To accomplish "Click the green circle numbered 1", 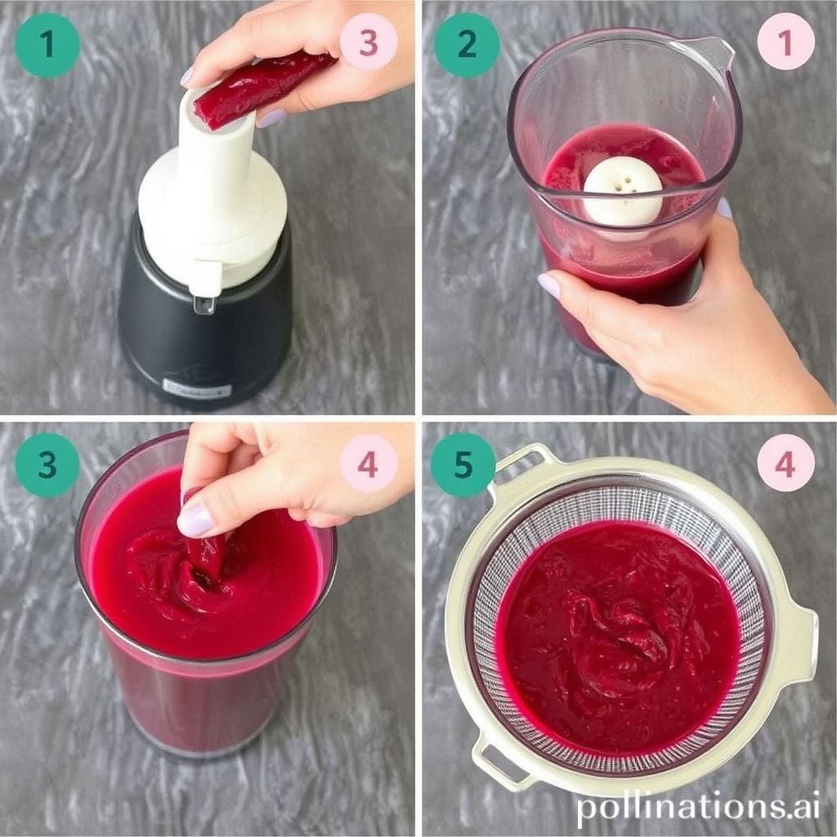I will [x=47, y=45].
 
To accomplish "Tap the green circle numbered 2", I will [x=466, y=45].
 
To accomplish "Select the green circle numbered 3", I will [x=47, y=465].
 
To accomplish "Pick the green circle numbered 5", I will [x=463, y=465].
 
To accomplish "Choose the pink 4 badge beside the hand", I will [x=368, y=463].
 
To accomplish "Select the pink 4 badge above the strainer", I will [x=786, y=463].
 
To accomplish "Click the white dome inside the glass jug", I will [x=623, y=190].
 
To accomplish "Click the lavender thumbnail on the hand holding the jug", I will [x=549, y=285].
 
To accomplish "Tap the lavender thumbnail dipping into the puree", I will [x=195, y=520].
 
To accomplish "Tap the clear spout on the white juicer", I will [x=204, y=304].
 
